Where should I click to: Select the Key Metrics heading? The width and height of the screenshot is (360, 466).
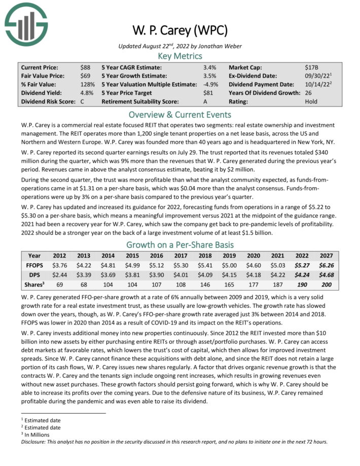tap(180, 56)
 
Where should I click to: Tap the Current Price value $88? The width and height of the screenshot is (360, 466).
tap(86, 67)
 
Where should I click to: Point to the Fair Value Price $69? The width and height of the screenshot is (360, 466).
tap(86, 76)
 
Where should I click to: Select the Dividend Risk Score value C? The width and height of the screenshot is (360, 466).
tap(82, 101)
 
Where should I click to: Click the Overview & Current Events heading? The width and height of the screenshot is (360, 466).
tap(180, 114)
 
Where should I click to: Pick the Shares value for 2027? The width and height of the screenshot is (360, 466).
tap(327, 284)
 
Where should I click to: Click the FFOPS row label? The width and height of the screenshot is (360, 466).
tap(34, 265)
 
